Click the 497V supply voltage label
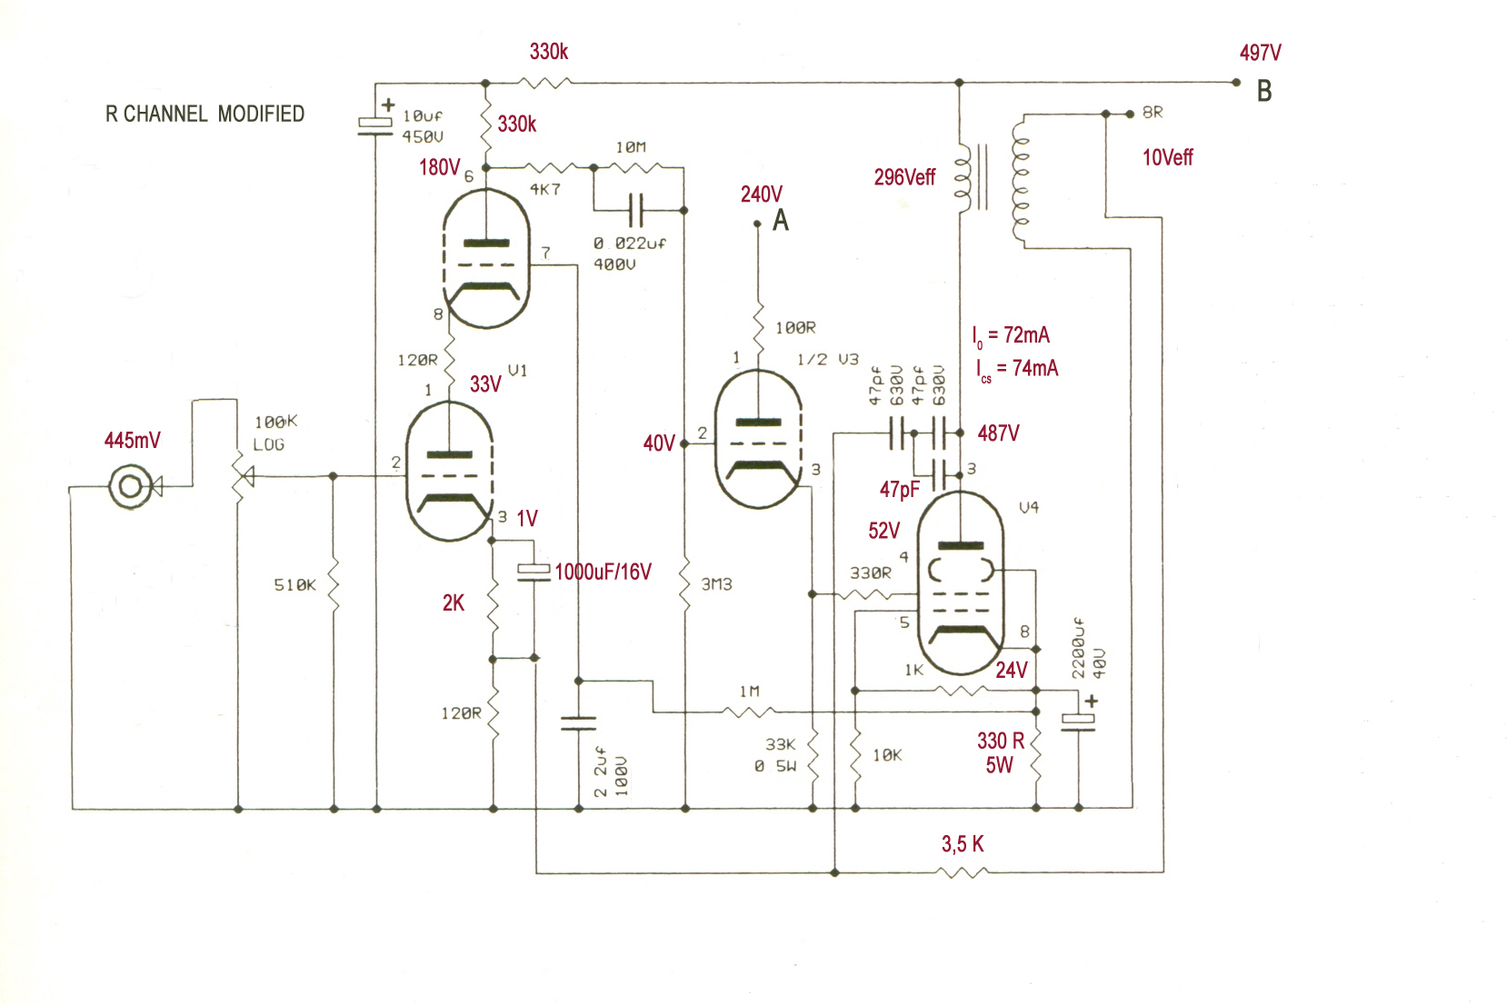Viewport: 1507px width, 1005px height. point(1260,53)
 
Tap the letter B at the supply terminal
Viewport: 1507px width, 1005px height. point(1264,91)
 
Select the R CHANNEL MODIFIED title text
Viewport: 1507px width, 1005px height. point(205,114)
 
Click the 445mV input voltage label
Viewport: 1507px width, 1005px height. point(132,441)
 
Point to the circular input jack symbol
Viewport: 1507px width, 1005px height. point(130,485)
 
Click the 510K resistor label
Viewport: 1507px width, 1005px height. point(294,584)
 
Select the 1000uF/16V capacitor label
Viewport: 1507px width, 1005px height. point(603,572)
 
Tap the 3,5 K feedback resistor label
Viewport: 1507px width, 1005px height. point(962,843)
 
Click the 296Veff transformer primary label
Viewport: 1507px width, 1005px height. point(904,177)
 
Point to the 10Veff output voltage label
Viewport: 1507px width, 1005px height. point(1167,157)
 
